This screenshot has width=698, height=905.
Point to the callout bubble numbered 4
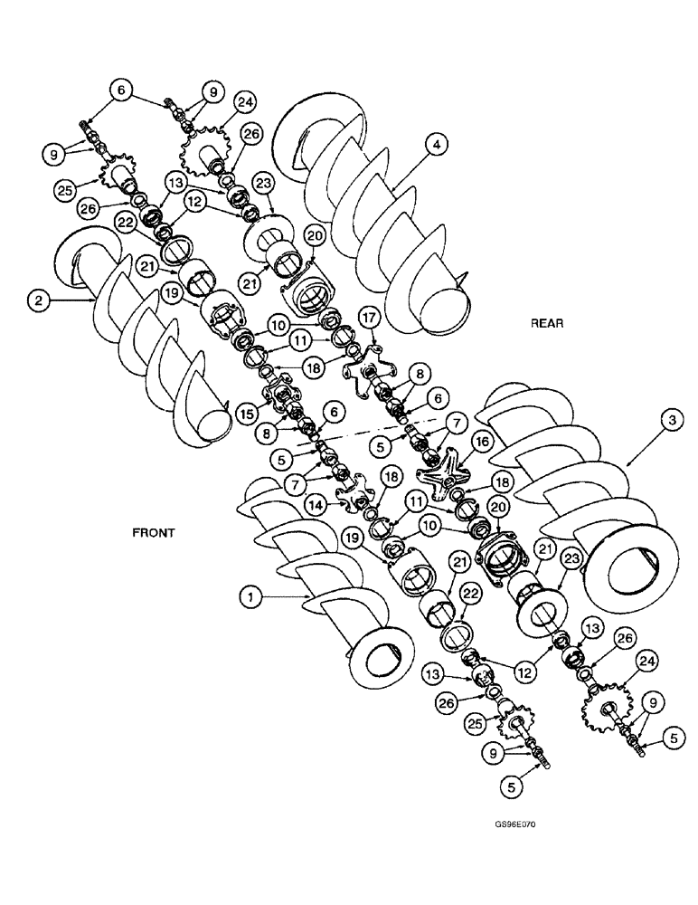pos(437,144)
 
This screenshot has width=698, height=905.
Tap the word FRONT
pos(153,533)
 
